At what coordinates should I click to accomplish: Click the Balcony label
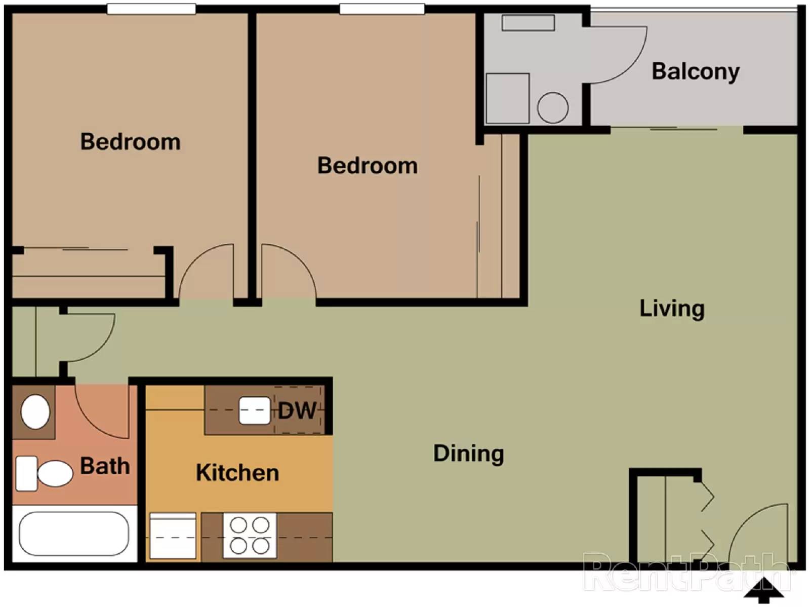point(695,71)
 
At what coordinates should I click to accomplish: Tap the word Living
point(672,309)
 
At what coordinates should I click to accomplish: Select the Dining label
point(468,453)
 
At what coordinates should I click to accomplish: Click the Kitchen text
point(237,473)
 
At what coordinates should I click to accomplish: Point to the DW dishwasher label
point(297,410)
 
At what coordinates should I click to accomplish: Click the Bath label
point(105,466)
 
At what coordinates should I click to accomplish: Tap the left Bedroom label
point(130,142)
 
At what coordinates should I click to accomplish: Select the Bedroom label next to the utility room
point(367,166)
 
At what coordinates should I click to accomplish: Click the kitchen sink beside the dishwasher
point(254,410)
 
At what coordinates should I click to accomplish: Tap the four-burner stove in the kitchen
point(250,536)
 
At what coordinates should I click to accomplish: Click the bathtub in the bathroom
point(74,534)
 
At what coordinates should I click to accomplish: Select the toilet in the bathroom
point(45,474)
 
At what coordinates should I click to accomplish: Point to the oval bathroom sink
point(35,411)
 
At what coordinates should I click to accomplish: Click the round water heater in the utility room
point(552,108)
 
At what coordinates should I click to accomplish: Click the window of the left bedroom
point(151,9)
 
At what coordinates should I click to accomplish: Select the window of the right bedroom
point(382,9)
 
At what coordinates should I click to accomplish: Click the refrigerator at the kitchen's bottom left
point(173,536)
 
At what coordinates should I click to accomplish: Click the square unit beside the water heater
point(508,98)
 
